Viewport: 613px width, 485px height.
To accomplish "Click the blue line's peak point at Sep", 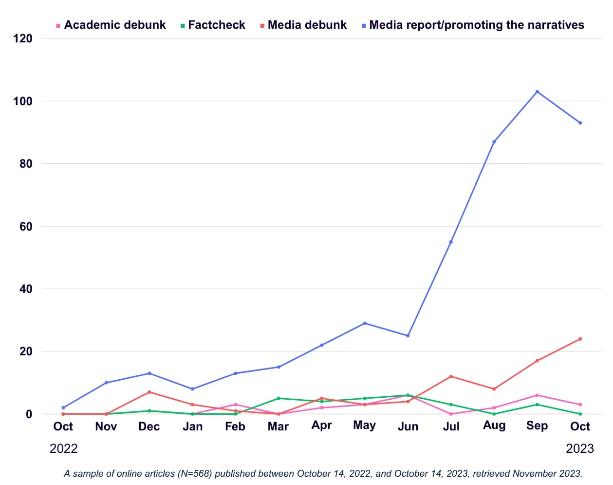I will [x=537, y=92].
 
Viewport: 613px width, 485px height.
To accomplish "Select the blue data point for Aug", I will [x=494, y=142].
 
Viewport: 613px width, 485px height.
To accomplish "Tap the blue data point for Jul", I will [x=451, y=242].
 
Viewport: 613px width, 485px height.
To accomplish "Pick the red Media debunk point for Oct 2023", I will [x=580, y=339].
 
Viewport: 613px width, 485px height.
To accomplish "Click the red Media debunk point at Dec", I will [x=149, y=392].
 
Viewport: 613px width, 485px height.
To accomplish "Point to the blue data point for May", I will [x=365, y=323].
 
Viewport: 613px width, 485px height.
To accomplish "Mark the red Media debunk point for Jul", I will [x=451, y=376].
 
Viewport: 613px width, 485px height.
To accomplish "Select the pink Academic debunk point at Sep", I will [x=537, y=395].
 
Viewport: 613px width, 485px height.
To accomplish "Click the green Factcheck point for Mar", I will [x=279, y=398].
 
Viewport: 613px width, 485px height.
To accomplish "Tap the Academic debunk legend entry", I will [x=115, y=25].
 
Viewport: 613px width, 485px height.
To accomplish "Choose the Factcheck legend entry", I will [x=216, y=25].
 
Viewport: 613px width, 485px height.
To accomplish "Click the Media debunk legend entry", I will [x=307, y=25].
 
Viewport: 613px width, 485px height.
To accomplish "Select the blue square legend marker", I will [x=364, y=25].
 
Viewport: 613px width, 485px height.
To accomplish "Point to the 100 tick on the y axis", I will [x=23, y=101].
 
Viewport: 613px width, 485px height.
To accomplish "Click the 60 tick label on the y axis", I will [x=26, y=226].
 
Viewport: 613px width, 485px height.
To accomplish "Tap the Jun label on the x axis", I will [x=408, y=427].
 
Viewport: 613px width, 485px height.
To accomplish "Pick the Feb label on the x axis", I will [x=235, y=426].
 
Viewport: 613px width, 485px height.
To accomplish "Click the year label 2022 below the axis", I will [x=63, y=448].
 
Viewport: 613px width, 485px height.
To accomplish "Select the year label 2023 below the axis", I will [x=579, y=448].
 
